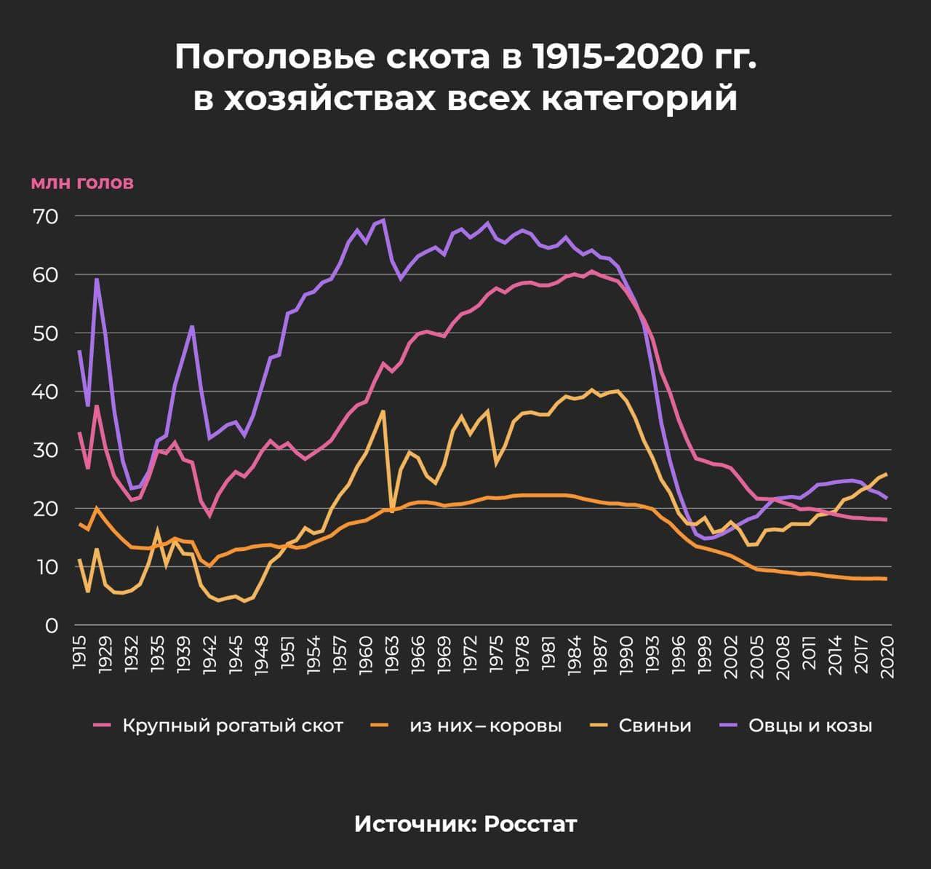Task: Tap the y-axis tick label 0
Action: point(51,626)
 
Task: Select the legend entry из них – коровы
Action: point(485,726)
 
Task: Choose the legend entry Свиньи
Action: point(655,726)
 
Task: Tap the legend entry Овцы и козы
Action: point(810,726)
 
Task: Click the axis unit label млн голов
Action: point(82,183)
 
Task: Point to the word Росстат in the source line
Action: point(530,824)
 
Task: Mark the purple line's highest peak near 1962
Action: point(383,220)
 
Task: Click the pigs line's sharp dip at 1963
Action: point(392,512)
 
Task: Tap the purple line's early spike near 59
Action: point(96,279)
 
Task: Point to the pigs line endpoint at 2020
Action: point(886,474)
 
